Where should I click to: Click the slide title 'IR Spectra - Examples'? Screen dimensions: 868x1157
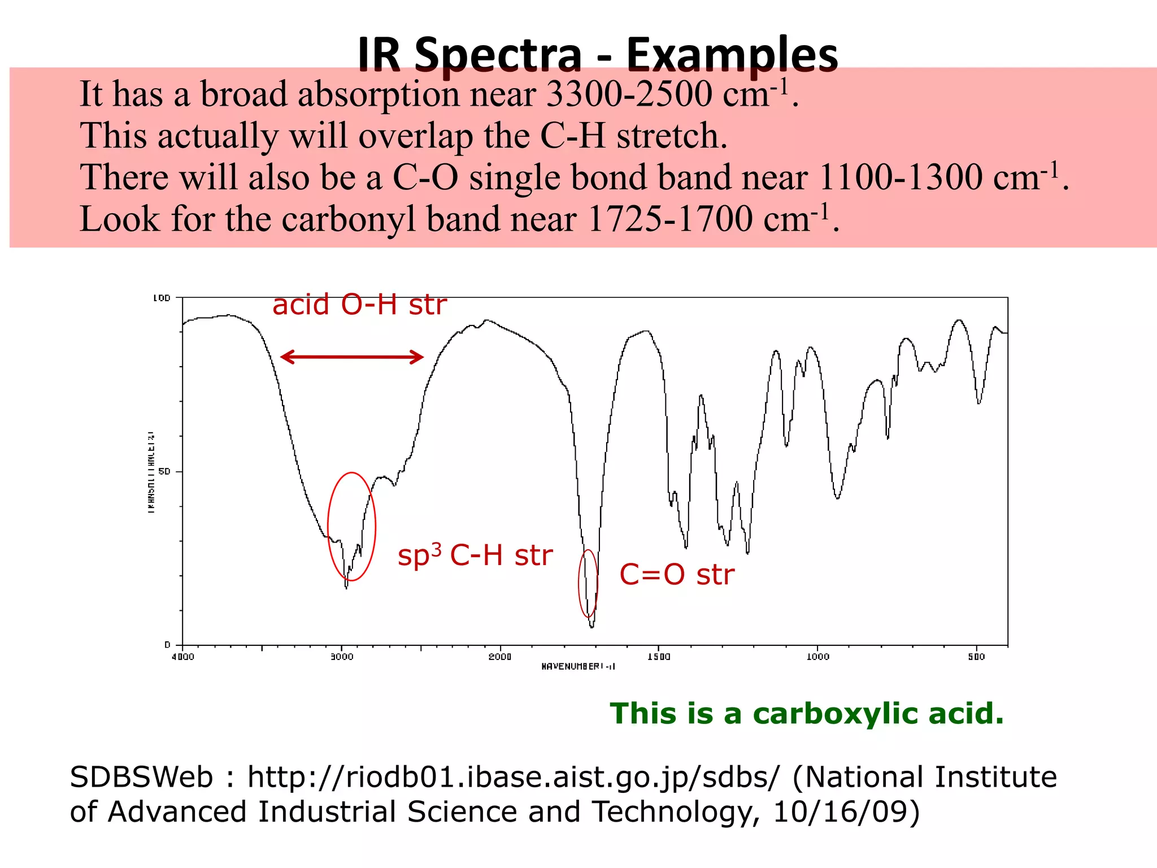point(598,54)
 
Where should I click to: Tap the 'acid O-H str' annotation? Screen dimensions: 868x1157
point(359,305)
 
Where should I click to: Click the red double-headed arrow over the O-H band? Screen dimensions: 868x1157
point(352,357)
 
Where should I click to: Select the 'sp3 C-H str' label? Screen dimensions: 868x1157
point(475,555)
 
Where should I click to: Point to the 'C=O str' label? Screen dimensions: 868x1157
point(677,575)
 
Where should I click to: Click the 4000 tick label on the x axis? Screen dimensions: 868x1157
point(182,657)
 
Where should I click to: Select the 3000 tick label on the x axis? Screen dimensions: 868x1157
point(341,657)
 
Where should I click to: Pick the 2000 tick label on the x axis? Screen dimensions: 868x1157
point(500,657)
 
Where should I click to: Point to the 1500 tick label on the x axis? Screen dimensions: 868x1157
point(659,657)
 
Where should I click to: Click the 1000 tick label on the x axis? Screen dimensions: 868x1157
point(817,657)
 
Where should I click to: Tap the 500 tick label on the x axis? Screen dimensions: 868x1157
point(976,657)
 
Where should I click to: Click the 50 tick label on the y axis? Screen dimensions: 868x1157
point(164,471)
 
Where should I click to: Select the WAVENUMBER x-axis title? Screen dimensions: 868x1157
point(578,667)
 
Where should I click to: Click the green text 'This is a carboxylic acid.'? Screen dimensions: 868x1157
point(807,713)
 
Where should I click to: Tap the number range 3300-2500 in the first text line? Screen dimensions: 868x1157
point(629,94)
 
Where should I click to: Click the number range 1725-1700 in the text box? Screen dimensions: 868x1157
point(670,219)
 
